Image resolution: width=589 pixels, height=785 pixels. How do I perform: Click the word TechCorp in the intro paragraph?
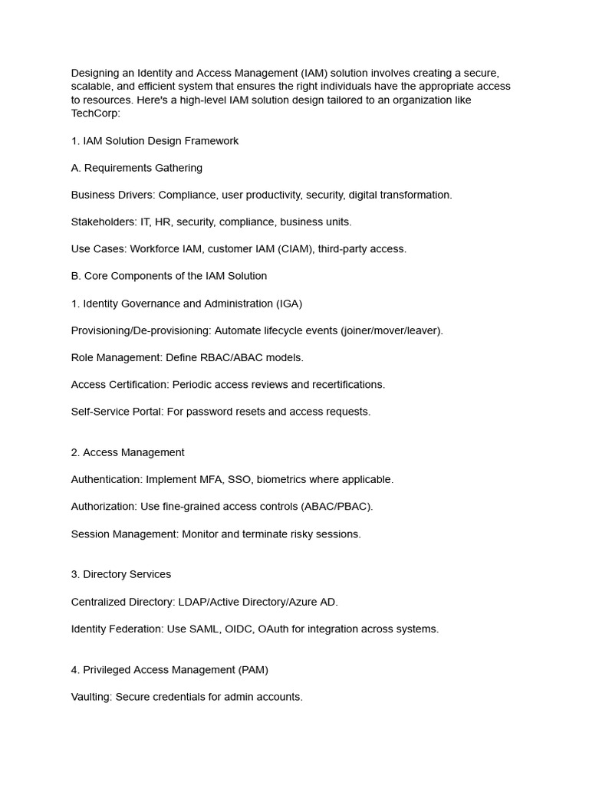tap(95, 113)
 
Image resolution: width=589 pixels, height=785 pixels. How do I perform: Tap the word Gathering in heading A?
tap(178, 168)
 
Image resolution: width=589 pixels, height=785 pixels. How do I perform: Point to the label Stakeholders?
tap(104, 222)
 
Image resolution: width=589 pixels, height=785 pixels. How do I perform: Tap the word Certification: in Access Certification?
tap(139, 385)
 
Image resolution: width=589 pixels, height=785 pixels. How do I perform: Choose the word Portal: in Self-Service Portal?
tap(145, 412)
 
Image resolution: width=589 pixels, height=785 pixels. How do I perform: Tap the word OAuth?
tap(273, 629)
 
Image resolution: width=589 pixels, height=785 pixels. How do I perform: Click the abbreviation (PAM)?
tap(254, 670)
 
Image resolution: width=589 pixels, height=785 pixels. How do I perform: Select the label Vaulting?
tap(91, 698)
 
